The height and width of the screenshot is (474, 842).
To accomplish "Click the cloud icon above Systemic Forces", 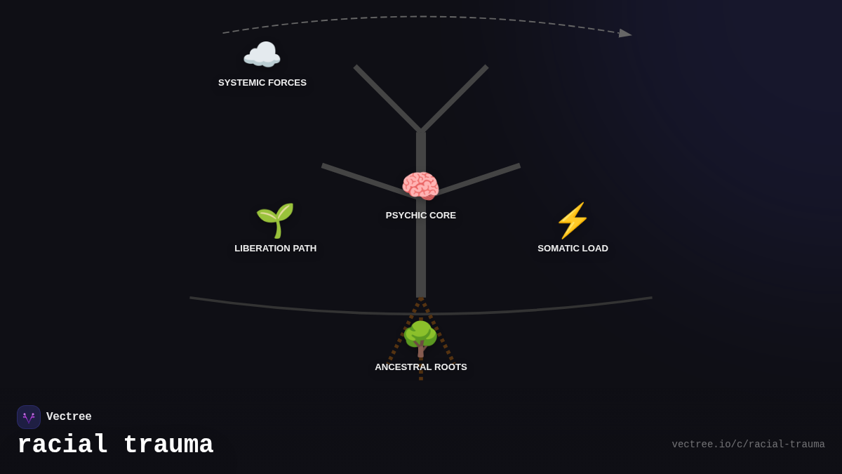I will pos(262,55).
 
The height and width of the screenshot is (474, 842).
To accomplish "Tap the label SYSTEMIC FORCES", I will pos(262,83).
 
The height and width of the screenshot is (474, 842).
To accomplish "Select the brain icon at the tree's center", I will pos(420,186).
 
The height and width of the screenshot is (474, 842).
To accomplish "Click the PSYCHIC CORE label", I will pos(421,216).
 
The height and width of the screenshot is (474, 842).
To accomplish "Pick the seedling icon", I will pos(275,220).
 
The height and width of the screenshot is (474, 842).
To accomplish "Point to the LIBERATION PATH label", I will pos(276,249).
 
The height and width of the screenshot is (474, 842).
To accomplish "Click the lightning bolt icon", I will pos(573,220).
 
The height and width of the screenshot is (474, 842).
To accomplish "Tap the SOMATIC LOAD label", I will pos(573,249).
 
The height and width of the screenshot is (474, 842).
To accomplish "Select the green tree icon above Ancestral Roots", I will pos(420,338).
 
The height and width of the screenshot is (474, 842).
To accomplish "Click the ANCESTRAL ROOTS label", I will pos(421,367).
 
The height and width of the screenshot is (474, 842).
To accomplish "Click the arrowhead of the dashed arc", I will pos(625,33).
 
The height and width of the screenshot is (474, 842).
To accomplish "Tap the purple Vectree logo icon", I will pos(29,417).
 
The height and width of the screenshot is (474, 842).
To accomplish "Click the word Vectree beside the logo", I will pos(69,417).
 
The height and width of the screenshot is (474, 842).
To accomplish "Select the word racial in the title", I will pos(62,445).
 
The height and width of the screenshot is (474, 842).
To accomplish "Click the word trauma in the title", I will pos(168,445).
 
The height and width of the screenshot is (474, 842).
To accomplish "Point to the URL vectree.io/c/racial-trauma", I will pos(748,445).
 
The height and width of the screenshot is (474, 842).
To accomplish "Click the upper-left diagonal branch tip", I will pos(356,67).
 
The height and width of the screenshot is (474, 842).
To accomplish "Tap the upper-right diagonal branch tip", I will pos(486,67).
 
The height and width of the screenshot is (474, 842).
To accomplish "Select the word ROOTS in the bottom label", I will pos(449,367).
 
